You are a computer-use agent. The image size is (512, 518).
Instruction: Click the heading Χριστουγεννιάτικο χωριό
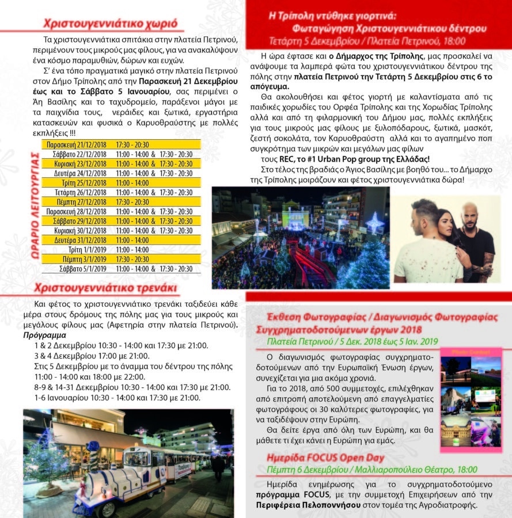tap(114, 24)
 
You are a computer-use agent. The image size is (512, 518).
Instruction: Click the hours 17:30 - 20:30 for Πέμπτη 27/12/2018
tap(133, 202)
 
